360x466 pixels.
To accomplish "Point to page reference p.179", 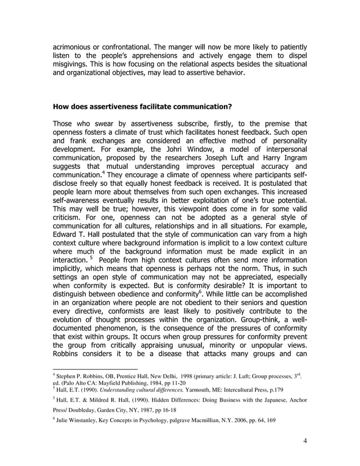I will point(292,390).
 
